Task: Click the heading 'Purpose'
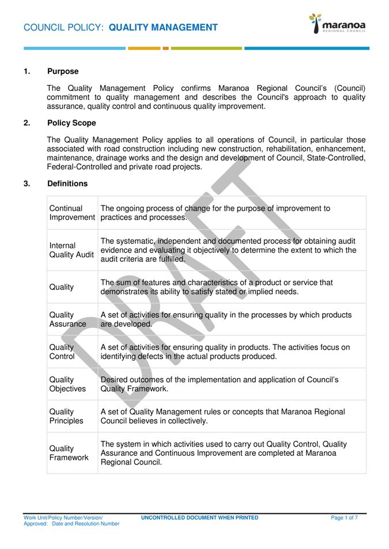(x=63, y=71)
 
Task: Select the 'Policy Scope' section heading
(x=71, y=123)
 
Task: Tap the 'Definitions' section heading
(x=67, y=184)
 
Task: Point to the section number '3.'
(x=27, y=184)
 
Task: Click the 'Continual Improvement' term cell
(x=72, y=213)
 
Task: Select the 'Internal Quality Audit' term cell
(x=71, y=250)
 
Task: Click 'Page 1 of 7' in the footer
(x=344, y=518)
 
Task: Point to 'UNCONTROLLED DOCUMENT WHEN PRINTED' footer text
(x=199, y=518)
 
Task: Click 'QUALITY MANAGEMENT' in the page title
(x=163, y=28)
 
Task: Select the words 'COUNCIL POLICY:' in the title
(x=63, y=28)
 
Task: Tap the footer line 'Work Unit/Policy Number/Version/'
(x=63, y=518)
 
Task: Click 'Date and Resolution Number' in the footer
(x=86, y=524)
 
